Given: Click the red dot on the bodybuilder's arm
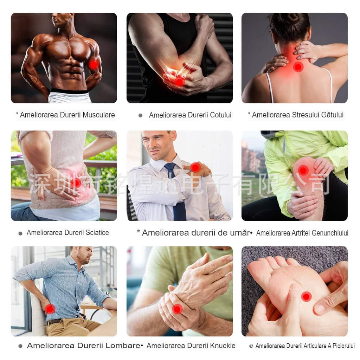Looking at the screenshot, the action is pos(94,65).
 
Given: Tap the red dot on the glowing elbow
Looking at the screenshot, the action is pos(179,82).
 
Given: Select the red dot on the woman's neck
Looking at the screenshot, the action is pos(298,67).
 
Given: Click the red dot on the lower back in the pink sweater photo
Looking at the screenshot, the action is pos(76,183).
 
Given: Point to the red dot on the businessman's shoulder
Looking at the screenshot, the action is pos(195,167).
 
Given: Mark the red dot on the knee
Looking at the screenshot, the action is pos(303,171).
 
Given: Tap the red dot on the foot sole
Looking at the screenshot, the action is pos(306,297).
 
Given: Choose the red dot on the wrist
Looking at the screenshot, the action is pos(177,309).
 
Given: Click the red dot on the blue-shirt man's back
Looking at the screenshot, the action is pos(50,309).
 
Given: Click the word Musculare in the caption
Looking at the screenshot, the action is pos(99,115).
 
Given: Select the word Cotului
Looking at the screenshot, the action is pos(220,115).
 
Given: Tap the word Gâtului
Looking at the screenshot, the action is pos(332,115).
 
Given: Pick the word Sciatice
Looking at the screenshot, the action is pos(97,233).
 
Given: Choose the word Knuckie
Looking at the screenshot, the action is pos(223,346).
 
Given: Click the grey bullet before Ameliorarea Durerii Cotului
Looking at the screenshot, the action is pos(141,115).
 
